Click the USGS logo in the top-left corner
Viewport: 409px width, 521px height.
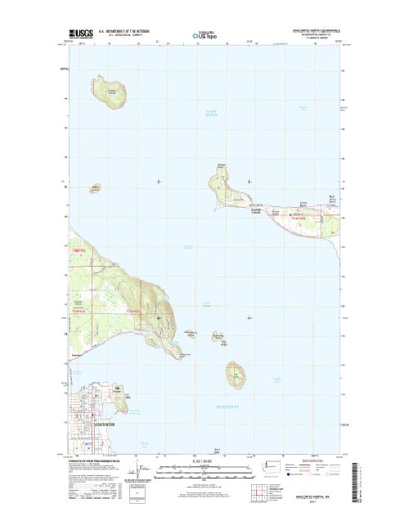click(81, 35)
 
